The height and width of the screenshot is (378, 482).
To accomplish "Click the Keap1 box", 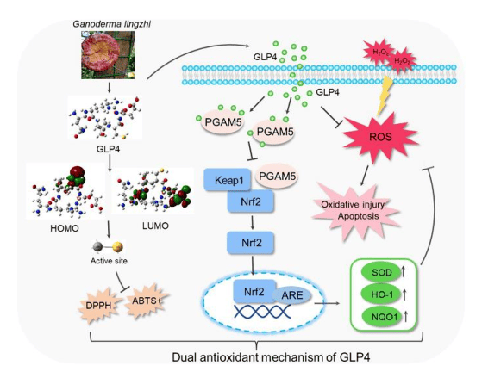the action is click(228, 180).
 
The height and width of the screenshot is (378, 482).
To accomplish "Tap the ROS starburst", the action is click(380, 137).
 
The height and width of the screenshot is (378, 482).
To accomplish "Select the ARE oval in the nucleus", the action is click(292, 295).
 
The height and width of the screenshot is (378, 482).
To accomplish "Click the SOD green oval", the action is click(381, 272).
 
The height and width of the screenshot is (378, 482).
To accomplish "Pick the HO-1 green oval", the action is click(381, 294).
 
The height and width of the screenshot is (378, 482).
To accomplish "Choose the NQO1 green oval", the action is click(381, 317).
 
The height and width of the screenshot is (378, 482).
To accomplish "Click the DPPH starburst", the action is click(98, 305).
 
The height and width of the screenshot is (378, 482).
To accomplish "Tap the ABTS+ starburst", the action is click(147, 301).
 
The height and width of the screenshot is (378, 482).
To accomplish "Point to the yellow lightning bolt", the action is click(385, 96).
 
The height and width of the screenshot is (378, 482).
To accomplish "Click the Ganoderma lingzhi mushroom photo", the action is click(108, 54).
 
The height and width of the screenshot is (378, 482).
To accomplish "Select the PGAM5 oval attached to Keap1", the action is click(277, 177).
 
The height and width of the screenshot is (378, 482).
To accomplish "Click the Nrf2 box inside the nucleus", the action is click(254, 291).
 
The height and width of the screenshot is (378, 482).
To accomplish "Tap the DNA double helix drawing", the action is click(262, 312).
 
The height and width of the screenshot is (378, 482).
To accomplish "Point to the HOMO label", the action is click(65, 228).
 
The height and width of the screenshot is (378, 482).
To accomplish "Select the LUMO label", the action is click(155, 226).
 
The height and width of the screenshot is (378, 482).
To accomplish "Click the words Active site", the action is click(109, 261).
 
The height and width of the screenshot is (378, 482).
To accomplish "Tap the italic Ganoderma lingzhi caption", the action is click(111, 24).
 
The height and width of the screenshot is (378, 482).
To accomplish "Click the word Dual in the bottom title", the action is click(185, 357).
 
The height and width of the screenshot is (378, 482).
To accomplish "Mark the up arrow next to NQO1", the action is click(406, 317).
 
